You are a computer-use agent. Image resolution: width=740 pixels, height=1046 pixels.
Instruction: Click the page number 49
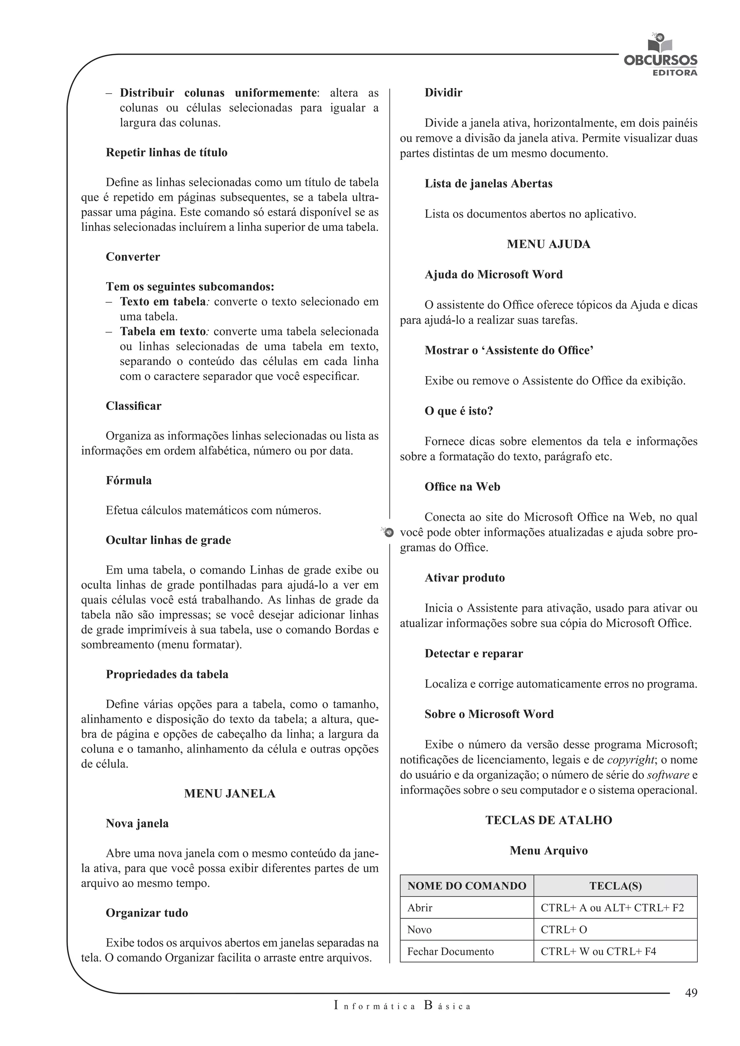[691, 993]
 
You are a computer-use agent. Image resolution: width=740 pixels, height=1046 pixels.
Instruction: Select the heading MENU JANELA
[230, 794]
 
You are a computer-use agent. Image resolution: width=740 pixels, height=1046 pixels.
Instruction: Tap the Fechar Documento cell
[450, 951]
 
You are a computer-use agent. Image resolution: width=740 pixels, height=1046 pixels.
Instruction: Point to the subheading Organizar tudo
[147, 913]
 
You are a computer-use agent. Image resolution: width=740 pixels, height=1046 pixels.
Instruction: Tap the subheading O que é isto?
[459, 411]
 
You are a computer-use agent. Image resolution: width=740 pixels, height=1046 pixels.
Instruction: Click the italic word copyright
[631, 760]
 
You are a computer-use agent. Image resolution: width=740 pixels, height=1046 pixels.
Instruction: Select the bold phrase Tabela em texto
[163, 331]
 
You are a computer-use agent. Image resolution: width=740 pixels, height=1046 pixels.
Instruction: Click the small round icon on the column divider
[388, 532]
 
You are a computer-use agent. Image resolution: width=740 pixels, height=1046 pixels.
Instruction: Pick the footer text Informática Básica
[402, 1006]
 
